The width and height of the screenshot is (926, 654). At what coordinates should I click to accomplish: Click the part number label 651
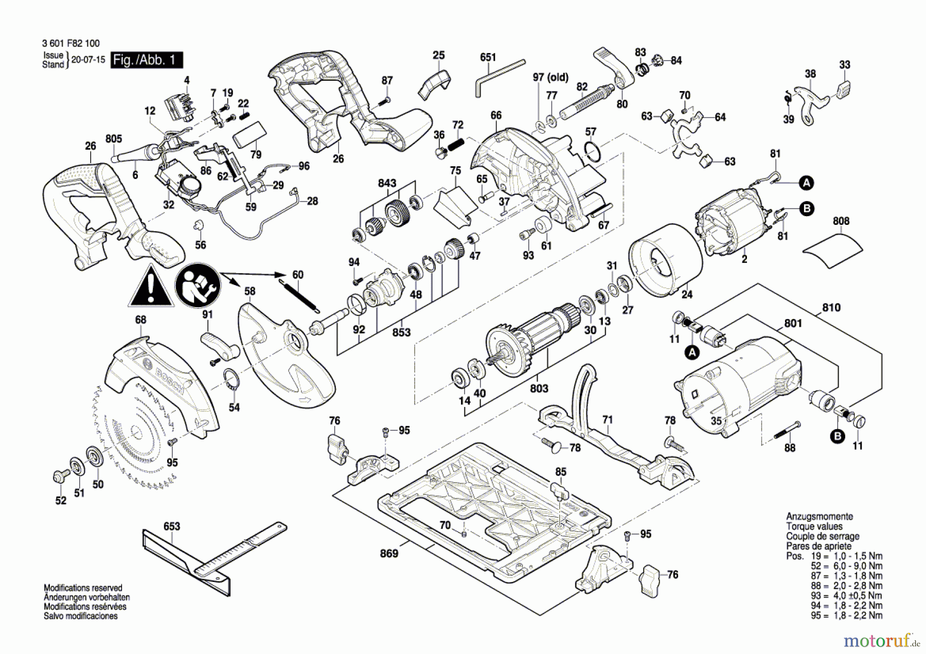[488, 57]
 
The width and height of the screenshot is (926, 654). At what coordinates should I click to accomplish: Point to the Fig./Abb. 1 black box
[147, 60]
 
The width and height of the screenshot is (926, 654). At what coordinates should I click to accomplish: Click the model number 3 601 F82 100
[71, 44]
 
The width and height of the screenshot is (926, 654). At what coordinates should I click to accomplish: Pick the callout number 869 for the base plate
[389, 553]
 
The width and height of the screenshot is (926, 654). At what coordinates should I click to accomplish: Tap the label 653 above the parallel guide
[172, 526]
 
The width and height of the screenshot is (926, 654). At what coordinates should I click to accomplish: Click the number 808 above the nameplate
[841, 221]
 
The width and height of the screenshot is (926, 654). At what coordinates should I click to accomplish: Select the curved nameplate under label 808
[832, 251]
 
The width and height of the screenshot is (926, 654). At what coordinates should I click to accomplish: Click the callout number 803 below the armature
[539, 388]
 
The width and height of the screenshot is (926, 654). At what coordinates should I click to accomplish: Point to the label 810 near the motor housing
[831, 308]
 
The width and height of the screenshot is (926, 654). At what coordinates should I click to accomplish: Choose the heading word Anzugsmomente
[819, 517]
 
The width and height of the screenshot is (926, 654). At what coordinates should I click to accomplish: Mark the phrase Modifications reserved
[83, 588]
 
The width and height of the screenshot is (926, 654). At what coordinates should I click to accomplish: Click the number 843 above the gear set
[387, 183]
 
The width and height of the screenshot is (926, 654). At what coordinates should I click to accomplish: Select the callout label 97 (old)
[550, 77]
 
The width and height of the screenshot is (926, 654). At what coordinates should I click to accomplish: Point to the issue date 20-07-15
[88, 60]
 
